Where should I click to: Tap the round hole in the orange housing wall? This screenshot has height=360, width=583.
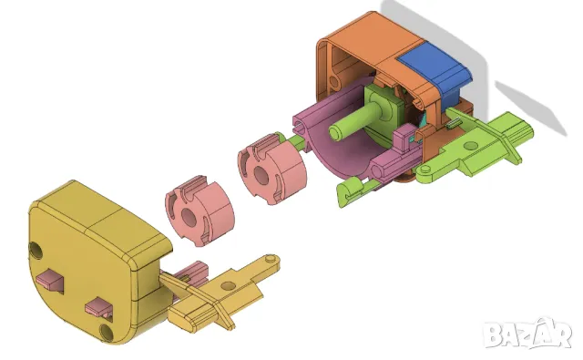pyautogui.click(x=334, y=82)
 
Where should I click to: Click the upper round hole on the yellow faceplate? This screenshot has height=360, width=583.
pyautogui.click(x=36, y=250)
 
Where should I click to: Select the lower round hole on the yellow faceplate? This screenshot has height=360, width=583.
pyautogui.click(x=107, y=332)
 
